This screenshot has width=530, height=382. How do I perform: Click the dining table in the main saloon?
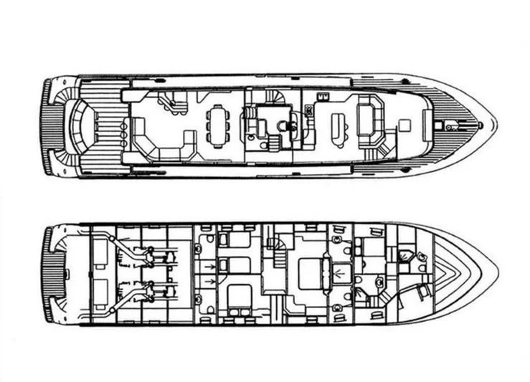[x=217, y=126]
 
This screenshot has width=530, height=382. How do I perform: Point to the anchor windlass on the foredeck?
[x=453, y=125]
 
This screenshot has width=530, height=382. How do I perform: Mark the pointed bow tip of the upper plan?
[x=495, y=125]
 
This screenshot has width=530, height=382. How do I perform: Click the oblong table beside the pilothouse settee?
[x=338, y=129]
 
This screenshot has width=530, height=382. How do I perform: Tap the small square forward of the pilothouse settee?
[x=404, y=125]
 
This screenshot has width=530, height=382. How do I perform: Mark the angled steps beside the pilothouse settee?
[x=381, y=151]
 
